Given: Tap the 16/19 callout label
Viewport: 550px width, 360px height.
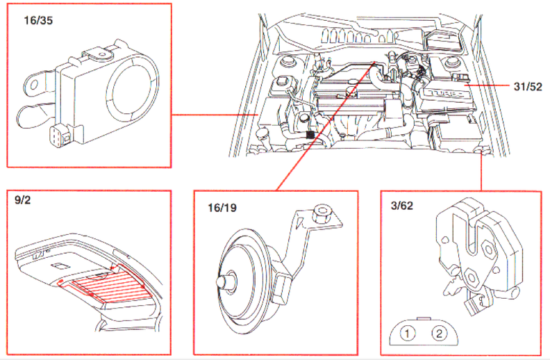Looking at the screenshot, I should [x=221, y=206].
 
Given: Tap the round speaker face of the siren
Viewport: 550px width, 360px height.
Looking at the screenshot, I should [x=129, y=89].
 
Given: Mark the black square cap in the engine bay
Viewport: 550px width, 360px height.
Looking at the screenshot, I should [x=310, y=133].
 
